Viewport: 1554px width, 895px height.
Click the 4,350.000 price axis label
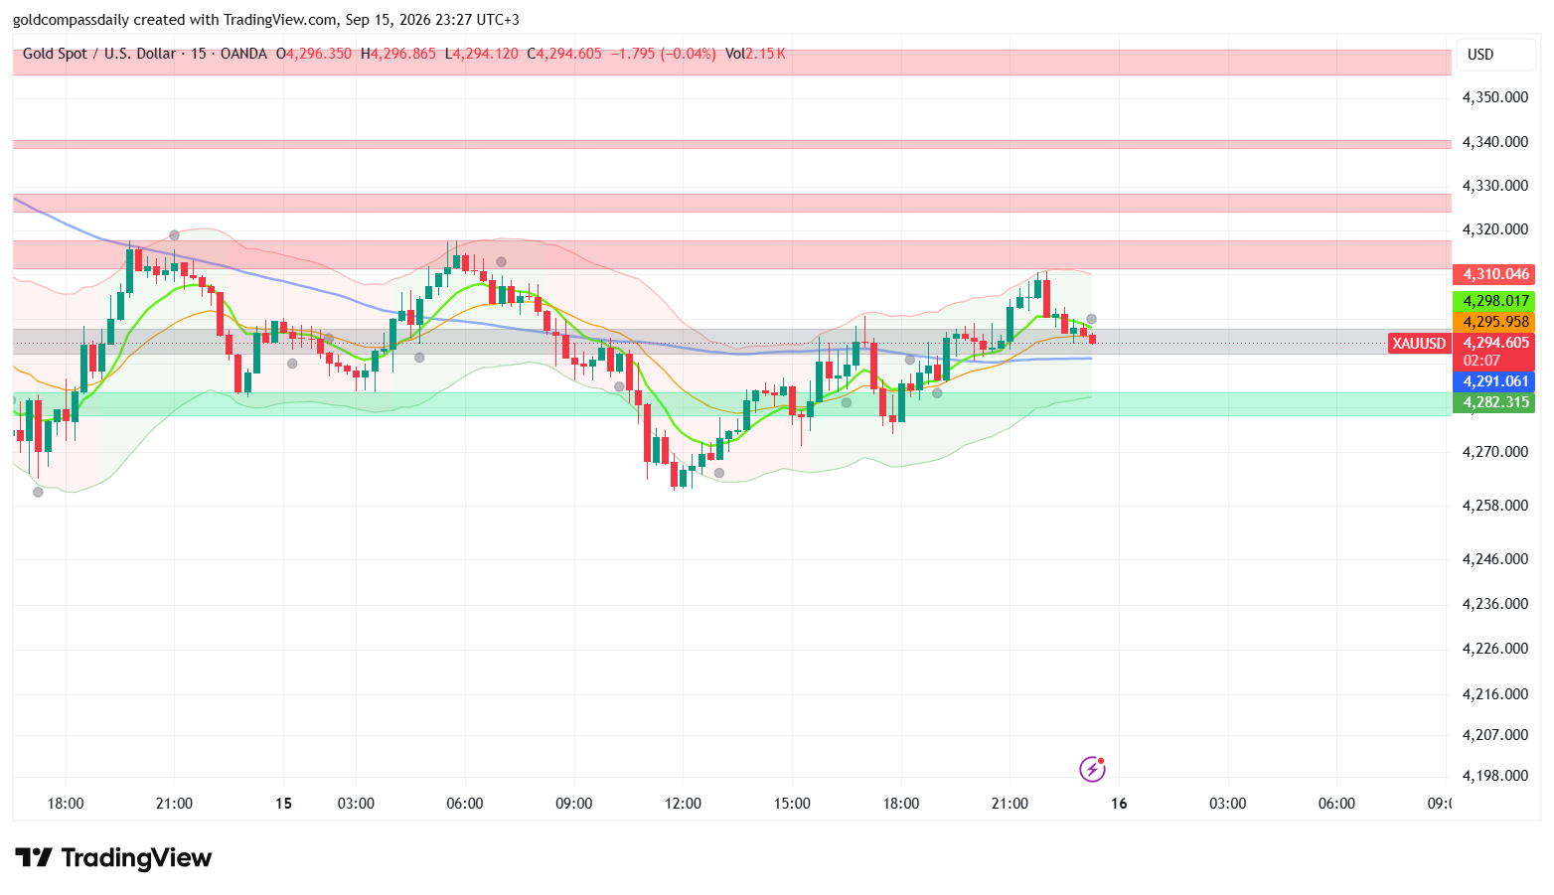click(x=1495, y=97)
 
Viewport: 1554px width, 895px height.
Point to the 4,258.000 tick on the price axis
click(x=1495, y=506)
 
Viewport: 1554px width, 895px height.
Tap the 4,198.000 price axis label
click(x=1495, y=776)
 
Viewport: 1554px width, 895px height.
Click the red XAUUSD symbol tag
click(x=1420, y=344)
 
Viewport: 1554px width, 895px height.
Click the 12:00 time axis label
click(x=683, y=804)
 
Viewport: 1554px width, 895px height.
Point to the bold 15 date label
click(x=283, y=804)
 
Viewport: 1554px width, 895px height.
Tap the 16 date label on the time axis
click(x=1119, y=804)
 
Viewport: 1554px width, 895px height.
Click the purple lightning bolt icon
click(x=1092, y=770)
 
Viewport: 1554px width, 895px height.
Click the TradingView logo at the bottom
click(x=113, y=858)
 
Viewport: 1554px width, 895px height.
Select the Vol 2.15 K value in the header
click(x=755, y=54)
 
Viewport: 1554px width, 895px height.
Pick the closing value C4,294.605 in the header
click(x=564, y=54)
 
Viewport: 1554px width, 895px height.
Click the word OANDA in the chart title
click(x=243, y=54)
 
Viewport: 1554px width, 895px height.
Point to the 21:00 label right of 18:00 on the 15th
click(x=1010, y=804)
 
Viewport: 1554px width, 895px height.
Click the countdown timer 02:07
click(x=1481, y=361)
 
